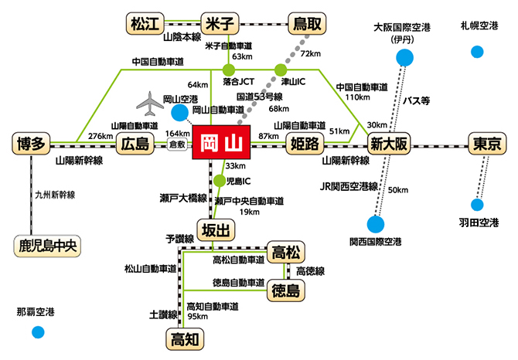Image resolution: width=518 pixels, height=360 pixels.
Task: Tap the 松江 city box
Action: click(x=143, y=23)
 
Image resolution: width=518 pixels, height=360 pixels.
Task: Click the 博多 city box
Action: click(x=31, y=143)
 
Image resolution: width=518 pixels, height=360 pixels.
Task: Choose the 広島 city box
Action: click(x=133, y=143)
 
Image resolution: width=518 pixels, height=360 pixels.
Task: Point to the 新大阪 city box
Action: click(x=388, y=143)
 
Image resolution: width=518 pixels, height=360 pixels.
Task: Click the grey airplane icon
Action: click(x=152, y=102)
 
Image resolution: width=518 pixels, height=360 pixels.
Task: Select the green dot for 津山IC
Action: click(x=281, y=70)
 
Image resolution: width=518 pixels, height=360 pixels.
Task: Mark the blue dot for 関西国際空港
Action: click(x=376, y=224)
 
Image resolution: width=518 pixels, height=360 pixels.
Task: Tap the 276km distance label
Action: click(x=101, y=136)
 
